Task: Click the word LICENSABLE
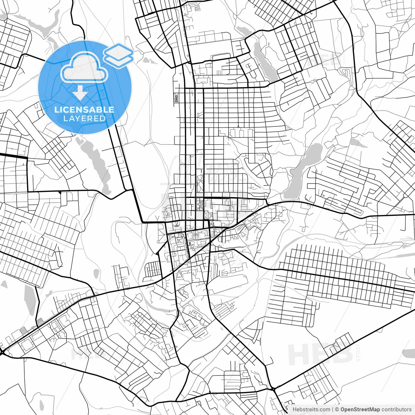[x=84, y=110]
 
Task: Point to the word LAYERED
[x=84, y=119]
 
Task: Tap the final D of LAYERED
[x=103, y=119]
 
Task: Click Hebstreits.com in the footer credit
[x=311, y=409]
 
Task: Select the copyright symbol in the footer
[x=337, y=409]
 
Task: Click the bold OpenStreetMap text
[x=360, y=409]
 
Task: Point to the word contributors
[x=396, y=409]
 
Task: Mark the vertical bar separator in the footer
[x=333, y=409]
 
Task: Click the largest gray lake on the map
[x=303, y=170]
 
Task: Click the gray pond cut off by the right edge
[x=409, y=353]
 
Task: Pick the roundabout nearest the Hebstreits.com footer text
[x=274, y=388]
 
